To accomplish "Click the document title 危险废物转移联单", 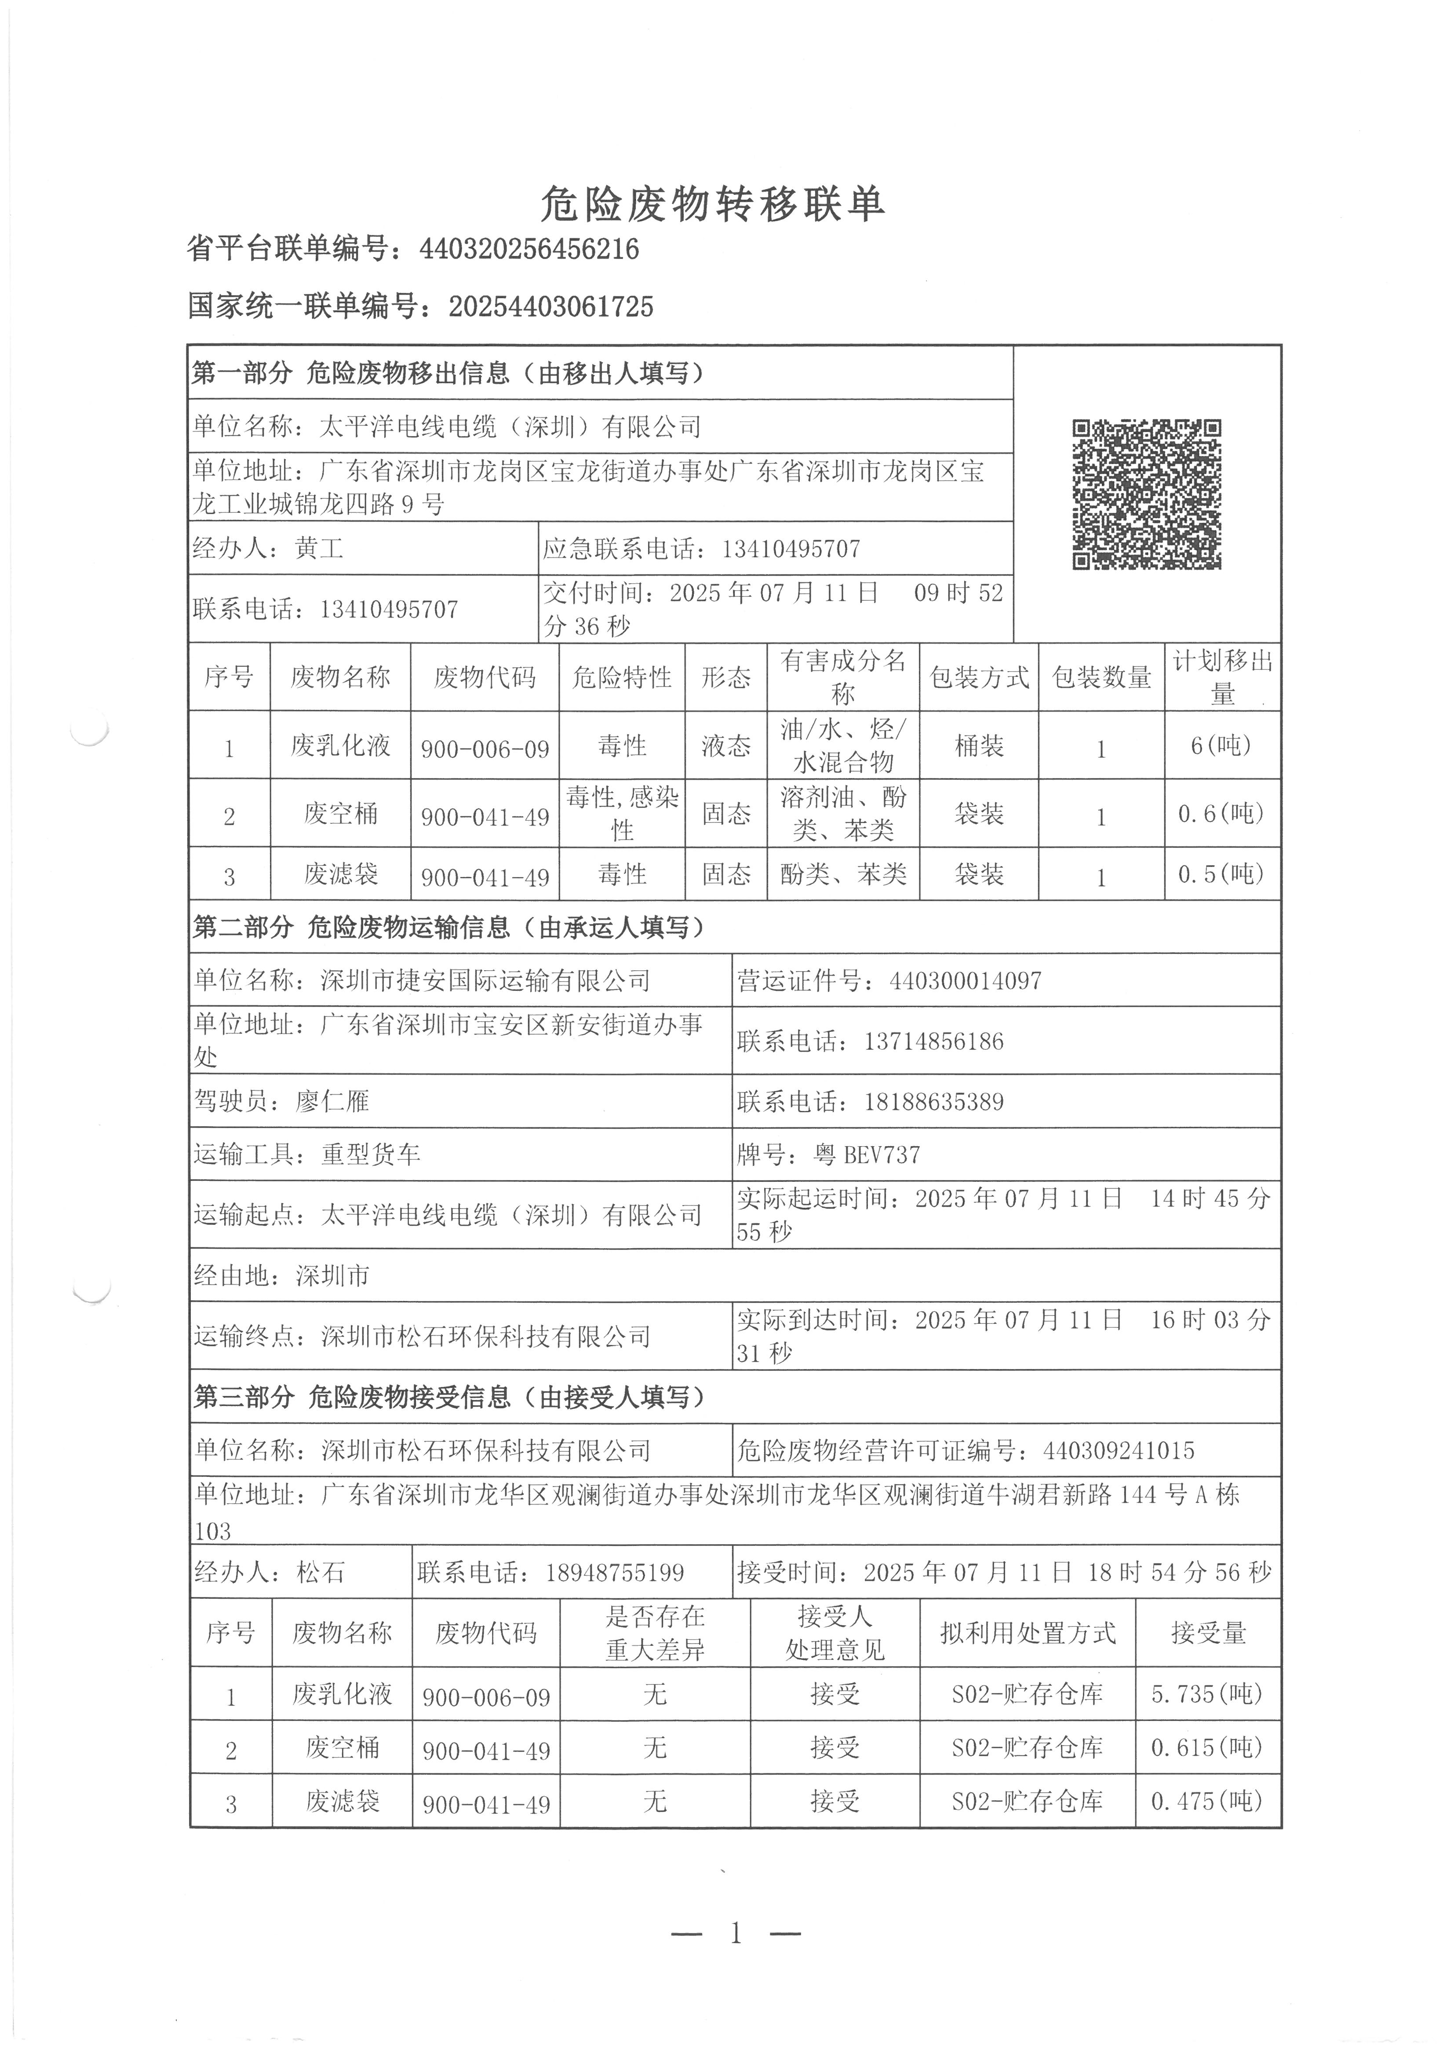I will tap(713, 205).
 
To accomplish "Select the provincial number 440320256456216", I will tap(529, 249).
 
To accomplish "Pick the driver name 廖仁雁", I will tap(332, 1101).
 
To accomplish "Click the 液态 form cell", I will tap(725, 745).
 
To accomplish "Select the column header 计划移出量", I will tap(1222, 677).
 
